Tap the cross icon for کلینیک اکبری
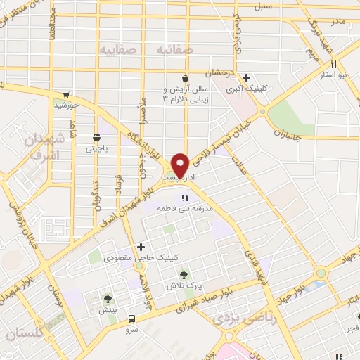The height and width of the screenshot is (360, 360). click(246, 78)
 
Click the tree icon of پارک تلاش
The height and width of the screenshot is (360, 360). click(184, 275)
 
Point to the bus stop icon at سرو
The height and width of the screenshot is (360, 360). click(131, 318)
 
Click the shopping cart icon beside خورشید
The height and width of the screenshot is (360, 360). click(66, 94)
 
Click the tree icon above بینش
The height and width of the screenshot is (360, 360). click(108, 300)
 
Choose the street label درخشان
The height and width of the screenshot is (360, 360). click(218, 72)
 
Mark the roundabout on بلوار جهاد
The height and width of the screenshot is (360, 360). click(321, 273)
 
